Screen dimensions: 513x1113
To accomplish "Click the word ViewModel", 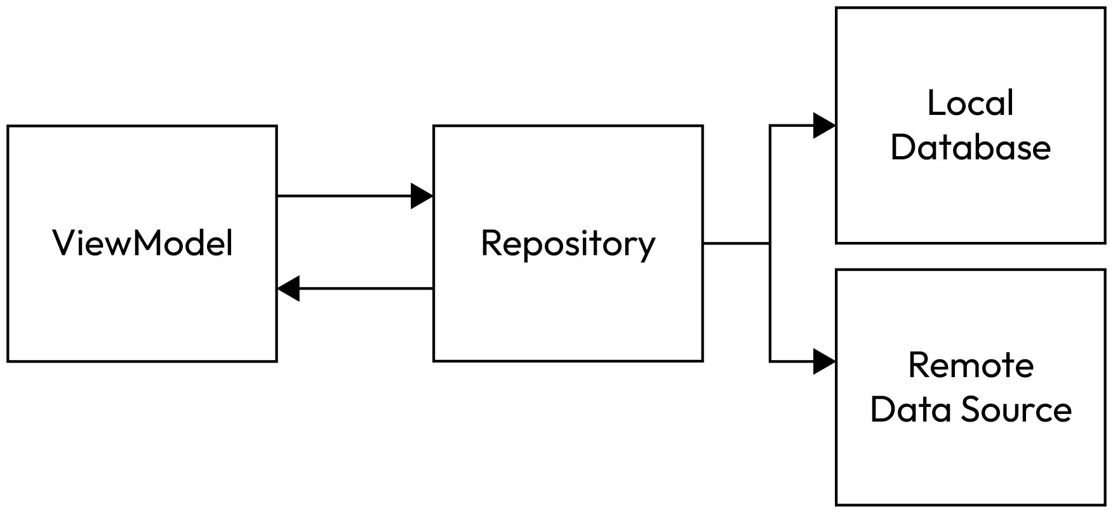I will (143, 243).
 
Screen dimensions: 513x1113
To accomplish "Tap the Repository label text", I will (568, 243).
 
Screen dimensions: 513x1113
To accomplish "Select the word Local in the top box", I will (970, 103).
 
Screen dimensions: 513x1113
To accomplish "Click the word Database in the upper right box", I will (970, 147).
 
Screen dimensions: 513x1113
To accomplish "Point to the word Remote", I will (970, 365).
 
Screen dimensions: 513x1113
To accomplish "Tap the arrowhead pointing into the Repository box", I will (422, 196).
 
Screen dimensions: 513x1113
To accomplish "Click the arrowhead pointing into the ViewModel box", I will (289, 289).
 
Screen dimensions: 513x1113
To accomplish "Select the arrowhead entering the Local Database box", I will (824, 126).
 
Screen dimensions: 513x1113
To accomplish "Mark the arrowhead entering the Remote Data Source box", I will (824, 361).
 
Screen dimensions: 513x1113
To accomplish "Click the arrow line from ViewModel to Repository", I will (343, 196).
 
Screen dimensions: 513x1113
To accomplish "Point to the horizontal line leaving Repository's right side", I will (736, 243).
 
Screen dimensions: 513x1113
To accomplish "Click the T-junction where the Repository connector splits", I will (770, 243).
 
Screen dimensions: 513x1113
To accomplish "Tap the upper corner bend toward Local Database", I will (770, 126).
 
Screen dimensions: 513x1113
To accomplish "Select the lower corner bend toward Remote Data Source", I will (770, 361).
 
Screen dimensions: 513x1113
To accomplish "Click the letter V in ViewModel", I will (63, 243).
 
